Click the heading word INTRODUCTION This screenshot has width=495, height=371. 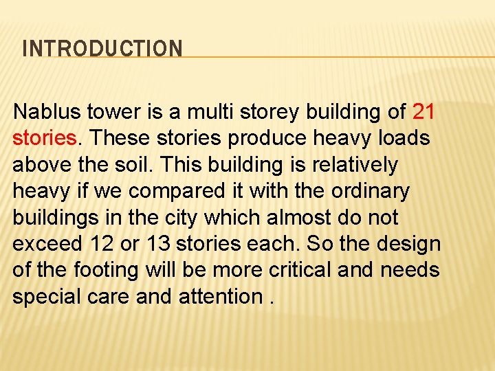[x=102, y=49]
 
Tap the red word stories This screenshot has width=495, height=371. [x=44, y=138]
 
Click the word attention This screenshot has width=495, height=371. [x=219, y=297]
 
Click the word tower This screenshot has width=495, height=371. [x=109, y=111]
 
